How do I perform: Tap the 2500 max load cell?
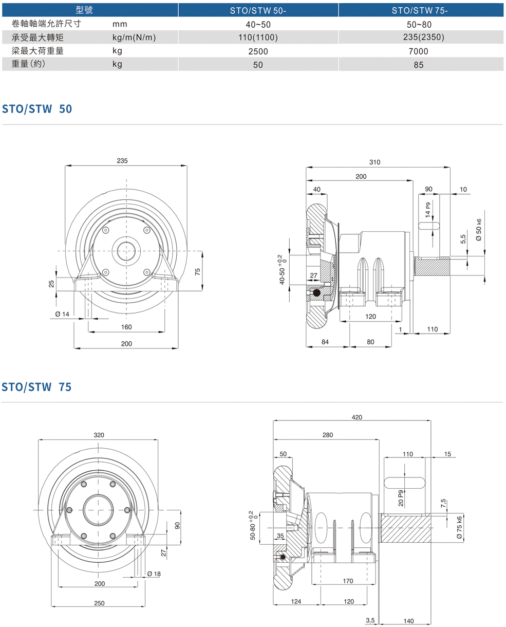(x=258, y=51)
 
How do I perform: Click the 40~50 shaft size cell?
(x=258, y=24)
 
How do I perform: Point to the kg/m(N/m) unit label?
(x=134, y=37)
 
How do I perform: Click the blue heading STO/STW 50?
(x=37, y=109)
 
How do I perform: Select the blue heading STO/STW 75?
(x=37, y=387)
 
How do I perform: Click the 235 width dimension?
(x=122, y=161)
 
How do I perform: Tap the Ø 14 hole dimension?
(x=62, y=314)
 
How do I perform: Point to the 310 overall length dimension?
(x=375, y=162)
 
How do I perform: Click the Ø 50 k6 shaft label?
(x=479, y=231)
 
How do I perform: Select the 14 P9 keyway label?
(x=427, y=209)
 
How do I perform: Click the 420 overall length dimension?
(x=357, y=417)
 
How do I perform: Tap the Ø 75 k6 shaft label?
(x=459, y=527)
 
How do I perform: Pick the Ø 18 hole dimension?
(x=154, y=574)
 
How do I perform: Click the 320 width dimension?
(x=99, y=435)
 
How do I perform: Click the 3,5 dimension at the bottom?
(x=370, y=620)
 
